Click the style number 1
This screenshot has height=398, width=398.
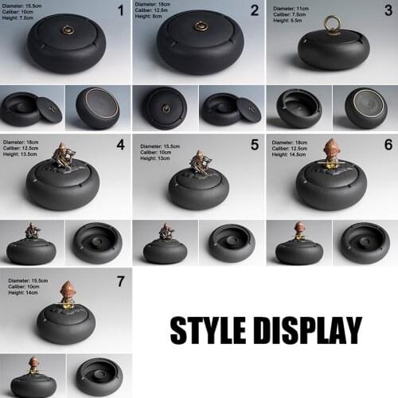121,10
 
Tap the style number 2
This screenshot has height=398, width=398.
255,10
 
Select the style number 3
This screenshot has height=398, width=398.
388,10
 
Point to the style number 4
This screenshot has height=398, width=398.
121,145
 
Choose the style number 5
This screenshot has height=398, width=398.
255,145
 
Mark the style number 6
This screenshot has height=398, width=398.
388,145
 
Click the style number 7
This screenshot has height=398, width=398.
121,280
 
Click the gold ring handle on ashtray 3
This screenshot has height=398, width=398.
330,24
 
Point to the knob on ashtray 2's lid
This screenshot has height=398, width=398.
200,28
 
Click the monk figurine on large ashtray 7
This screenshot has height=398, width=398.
68,292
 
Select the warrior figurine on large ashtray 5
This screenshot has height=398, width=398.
199,162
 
